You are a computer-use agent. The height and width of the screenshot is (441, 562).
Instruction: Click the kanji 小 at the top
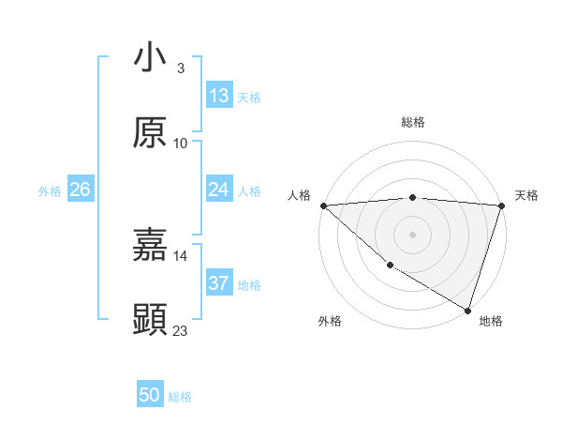[151, 57]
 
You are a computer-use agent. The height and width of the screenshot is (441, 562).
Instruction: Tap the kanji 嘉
[151, 245]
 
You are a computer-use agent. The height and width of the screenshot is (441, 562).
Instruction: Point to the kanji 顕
[151, 319]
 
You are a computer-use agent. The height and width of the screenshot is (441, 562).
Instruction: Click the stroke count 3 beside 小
[181, 68]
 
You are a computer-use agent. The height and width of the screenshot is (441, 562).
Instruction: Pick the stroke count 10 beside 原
[181, 144]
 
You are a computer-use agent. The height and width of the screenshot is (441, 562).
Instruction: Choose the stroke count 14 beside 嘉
[181, 255]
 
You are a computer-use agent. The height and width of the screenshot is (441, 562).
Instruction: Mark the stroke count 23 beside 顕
[181, 330]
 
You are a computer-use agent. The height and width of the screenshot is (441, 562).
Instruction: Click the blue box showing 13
[219, 96]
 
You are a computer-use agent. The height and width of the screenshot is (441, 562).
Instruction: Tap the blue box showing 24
[219, 190]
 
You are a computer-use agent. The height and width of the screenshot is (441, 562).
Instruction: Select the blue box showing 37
[219, 283]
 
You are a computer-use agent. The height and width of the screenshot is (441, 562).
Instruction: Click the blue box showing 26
[80, 190]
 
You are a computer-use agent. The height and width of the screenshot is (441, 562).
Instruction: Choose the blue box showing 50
[150, 396]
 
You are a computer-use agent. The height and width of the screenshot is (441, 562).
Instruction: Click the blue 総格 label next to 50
[180, 397]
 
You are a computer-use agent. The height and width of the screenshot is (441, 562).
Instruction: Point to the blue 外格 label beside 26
[50, 191]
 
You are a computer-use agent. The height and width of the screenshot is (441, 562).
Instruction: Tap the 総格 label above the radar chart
[412, 122]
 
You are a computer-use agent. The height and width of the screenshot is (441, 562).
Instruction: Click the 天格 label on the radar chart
[526, 195]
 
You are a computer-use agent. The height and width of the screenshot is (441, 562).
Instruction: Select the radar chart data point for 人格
[323, 205]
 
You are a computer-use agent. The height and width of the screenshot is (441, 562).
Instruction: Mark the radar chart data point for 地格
[467, 310]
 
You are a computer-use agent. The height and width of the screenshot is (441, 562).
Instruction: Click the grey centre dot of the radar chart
[412, 234]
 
